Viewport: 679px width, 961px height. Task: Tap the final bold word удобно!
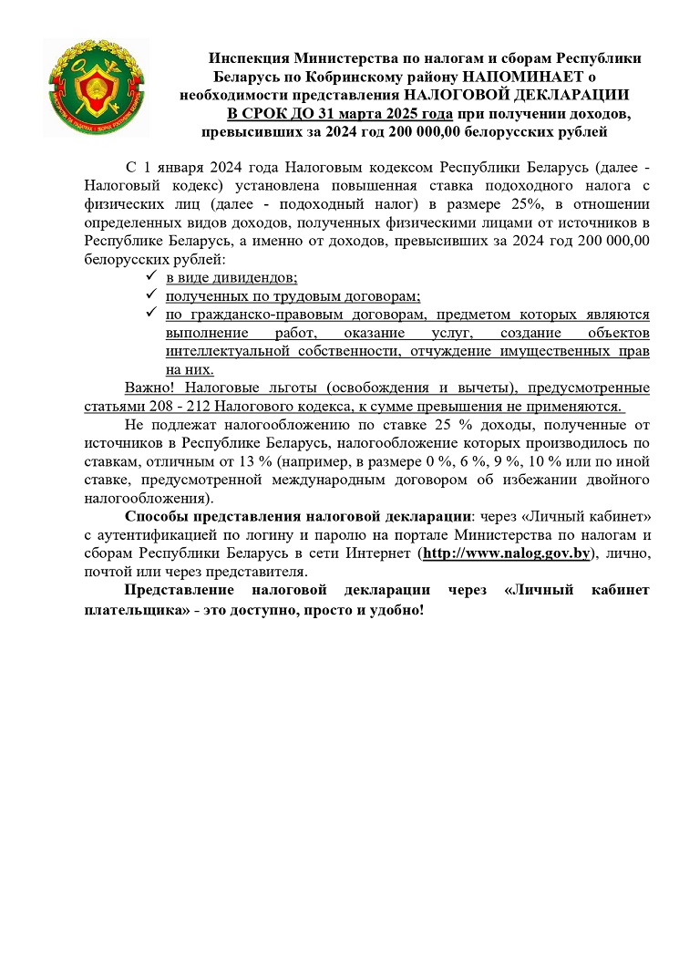(x=395, y=608)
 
